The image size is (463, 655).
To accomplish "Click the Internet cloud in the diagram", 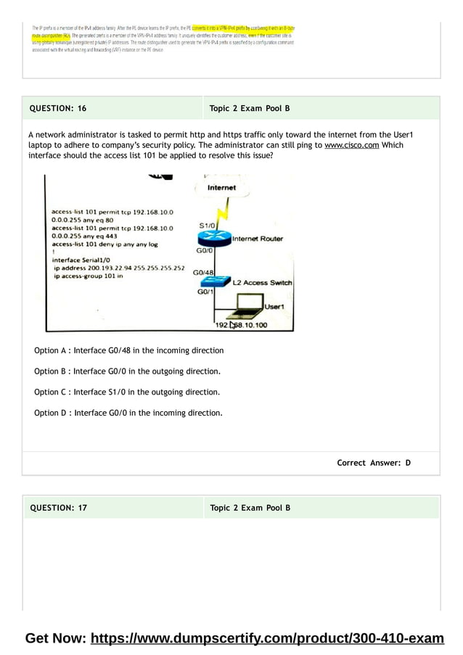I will point(221,188).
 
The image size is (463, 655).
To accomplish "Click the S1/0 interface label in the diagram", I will point(207,226).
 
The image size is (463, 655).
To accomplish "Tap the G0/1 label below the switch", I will point(205,292).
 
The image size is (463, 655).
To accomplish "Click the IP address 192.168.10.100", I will point(241,325).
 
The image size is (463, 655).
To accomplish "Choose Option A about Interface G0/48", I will point(129,350).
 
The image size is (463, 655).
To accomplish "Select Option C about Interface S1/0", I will point(127,392).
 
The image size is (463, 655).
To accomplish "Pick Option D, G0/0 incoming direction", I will point(128,413).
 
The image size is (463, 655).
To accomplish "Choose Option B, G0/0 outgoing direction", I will point(127,371).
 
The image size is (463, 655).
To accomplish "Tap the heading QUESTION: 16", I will point(58,109).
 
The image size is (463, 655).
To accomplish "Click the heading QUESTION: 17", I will point(58,508).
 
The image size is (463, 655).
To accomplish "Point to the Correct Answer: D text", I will point(374,463).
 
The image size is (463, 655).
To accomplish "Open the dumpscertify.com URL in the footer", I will point(267,639).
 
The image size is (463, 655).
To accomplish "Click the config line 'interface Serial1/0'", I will point(81,260).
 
